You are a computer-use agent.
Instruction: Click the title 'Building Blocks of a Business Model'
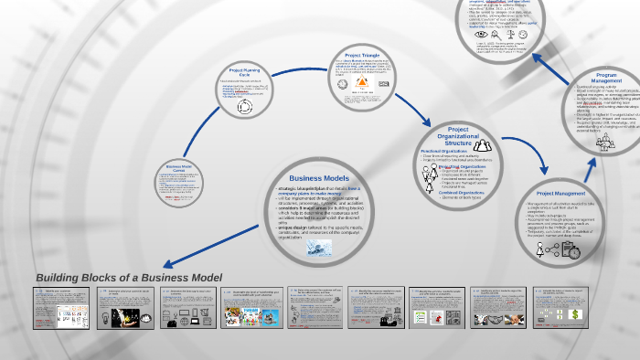coord(129,278)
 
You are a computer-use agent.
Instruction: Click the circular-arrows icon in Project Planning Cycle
coord(244,107)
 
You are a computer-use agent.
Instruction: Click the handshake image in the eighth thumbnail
coord(497,317)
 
